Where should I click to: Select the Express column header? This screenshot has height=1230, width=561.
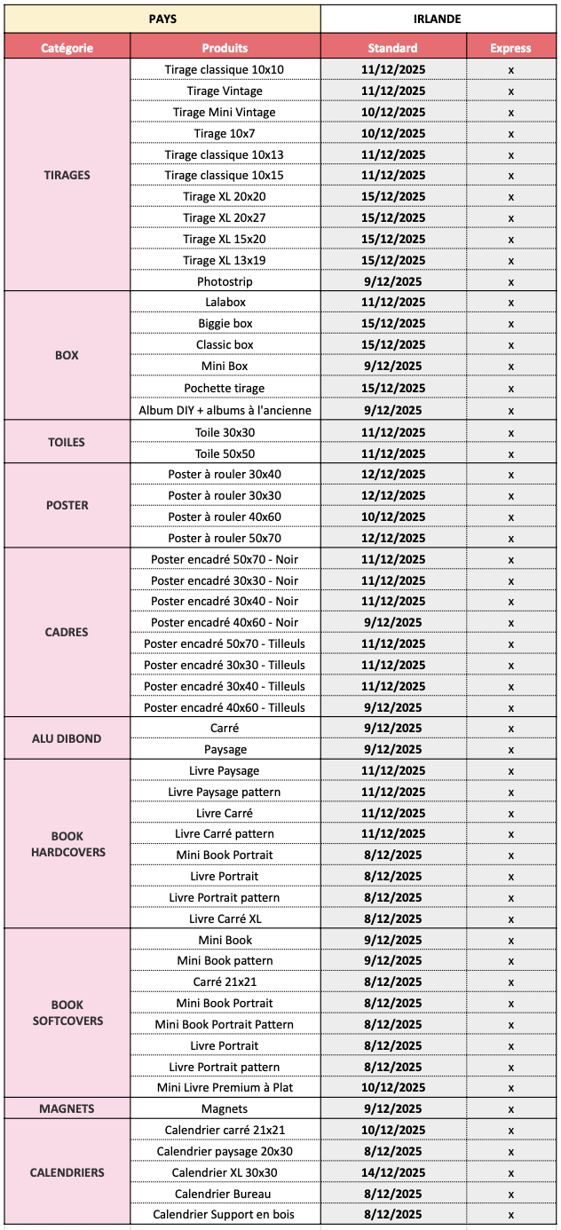[x=510, y=48]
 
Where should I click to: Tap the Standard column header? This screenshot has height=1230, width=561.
[x=393, y=48]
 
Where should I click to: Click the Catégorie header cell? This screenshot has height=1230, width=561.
[x=67, y=48]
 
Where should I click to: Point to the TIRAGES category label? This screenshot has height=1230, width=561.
[x=67, y=175]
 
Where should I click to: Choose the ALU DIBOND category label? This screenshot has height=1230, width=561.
[x=67, y=738]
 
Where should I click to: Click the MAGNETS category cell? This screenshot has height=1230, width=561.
[x=67, y=1108]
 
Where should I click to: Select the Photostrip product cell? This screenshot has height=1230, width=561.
[x=225, y=281]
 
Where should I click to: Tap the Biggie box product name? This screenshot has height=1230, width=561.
[x=225, y=324]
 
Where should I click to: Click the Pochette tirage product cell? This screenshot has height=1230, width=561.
[x=225, y=388]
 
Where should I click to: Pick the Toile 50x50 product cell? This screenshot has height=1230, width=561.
[x=225, y=453]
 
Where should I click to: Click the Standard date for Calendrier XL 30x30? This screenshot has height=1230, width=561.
[x=393, y=1172]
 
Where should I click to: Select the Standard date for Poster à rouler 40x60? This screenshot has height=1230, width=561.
[x=393, y=516]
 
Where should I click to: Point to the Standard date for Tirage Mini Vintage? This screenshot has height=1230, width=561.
[x=393, y=112]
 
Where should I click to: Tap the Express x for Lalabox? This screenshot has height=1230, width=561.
[x=510, y=303]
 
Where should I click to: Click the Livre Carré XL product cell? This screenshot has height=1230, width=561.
[x=225, y=919]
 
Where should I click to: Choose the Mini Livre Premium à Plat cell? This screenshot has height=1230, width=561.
[x=225, y=1087]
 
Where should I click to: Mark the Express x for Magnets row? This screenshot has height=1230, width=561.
[x=510, y=1109]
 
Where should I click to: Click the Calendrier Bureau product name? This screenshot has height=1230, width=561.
[x=225, y=1194]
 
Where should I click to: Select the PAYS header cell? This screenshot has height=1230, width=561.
[x=162, y=19]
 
